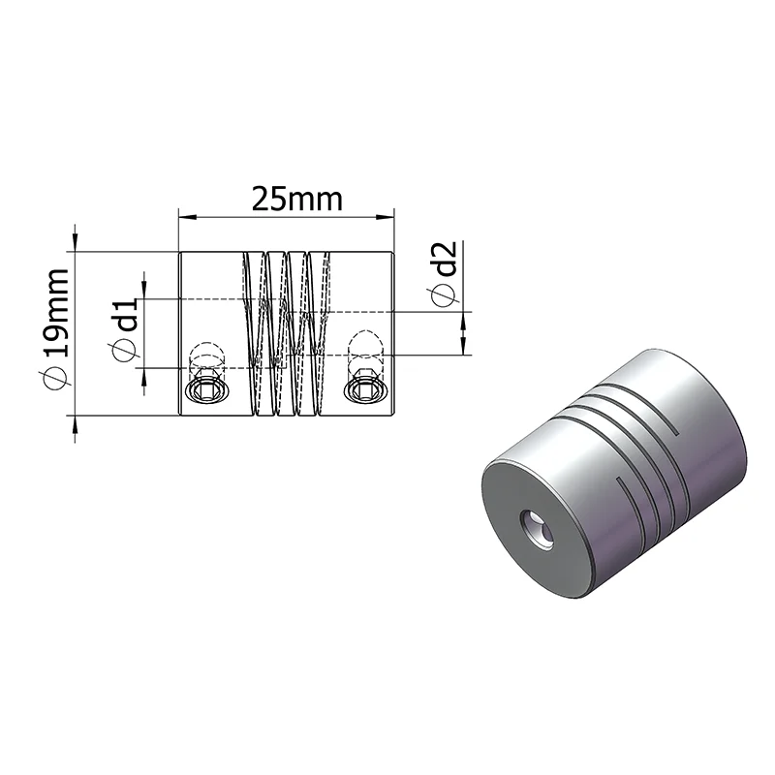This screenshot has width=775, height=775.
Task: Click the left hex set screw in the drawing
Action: coord(204,388)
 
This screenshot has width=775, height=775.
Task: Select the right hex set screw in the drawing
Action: coord(365,388)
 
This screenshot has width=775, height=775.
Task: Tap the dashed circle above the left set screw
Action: coord(204,352)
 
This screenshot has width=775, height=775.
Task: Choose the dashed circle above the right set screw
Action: coord(366,343)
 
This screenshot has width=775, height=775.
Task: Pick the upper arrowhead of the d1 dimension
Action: coord(144,291)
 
